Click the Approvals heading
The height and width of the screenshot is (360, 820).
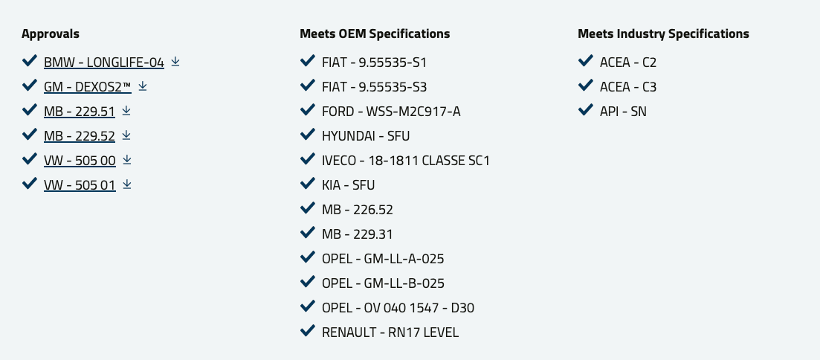[x=51, y=34]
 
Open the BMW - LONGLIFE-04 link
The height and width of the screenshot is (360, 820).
[x=104, y=62]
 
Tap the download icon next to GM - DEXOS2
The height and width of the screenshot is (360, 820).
[x=142, y=86]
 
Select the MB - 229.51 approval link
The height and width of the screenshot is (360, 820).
[x=80, y=112]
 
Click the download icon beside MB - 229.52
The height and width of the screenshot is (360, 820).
[x=126, y=135]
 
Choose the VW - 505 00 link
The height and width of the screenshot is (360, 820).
[x=80, y=161]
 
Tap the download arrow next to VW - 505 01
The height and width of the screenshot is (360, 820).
[x=126, y=184]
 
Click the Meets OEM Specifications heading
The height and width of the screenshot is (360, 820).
[x=375, y=34]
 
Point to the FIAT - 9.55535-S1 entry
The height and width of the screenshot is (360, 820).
[x=375, y=62]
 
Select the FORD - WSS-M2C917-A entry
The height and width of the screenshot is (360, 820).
[x=391, y=112]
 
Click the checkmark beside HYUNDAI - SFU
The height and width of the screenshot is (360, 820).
[x=308, y=135]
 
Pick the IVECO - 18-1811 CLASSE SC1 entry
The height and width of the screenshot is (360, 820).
[x=406, y=161]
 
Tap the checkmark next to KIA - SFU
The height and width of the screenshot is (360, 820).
[x=308, y=184]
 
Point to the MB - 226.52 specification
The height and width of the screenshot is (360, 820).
[x=358, y=210]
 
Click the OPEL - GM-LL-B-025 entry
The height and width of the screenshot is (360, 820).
[x=384, y=283]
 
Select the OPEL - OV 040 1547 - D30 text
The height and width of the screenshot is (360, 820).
[x=398, y=308]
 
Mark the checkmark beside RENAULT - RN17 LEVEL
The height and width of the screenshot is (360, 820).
[x=308, y=331]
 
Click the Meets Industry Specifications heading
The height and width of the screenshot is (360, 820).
[x=664, y=34]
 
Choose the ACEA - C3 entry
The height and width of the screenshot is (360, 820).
[x=628, y=87]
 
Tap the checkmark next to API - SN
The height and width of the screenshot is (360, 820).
[x=586, y=110]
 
